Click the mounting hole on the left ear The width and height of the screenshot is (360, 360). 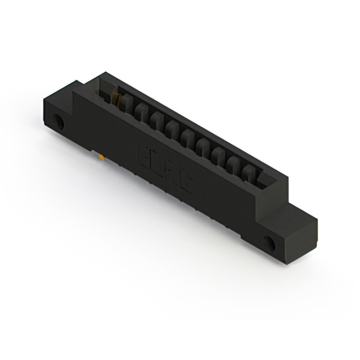point(56,121)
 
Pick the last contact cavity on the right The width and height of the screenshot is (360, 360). point(249,172)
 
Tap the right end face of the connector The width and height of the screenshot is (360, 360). point(304,236)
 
